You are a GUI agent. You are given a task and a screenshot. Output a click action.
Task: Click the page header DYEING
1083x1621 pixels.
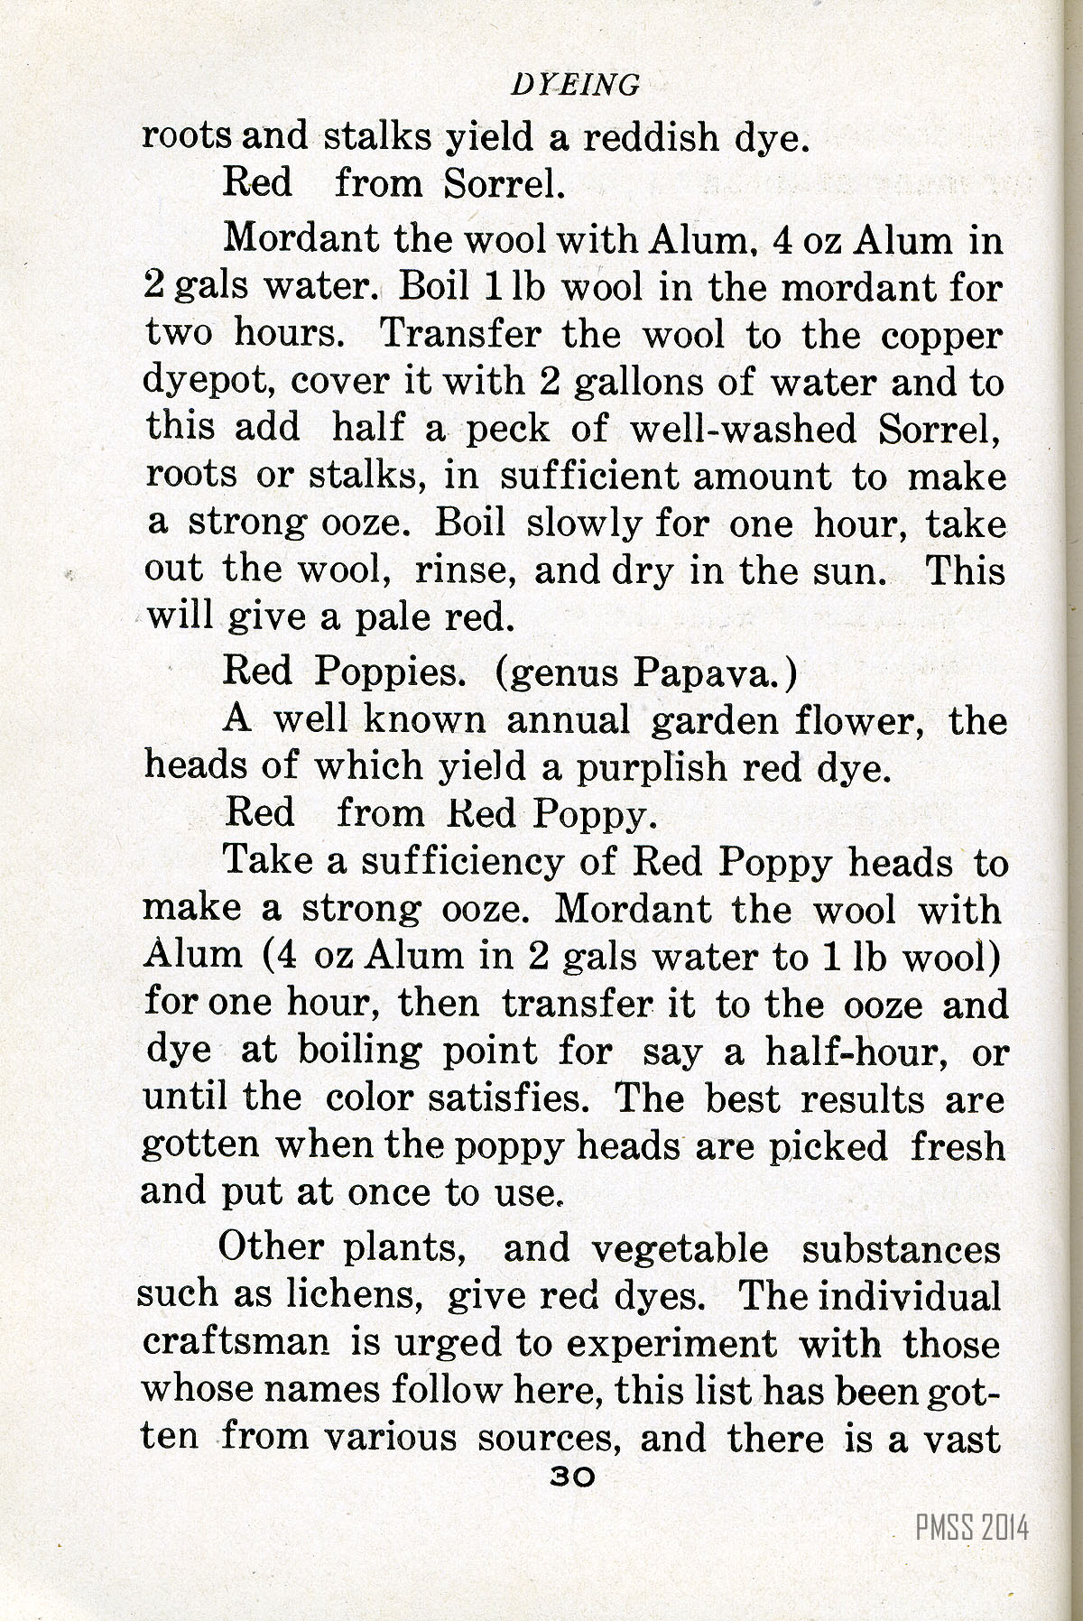tap(575, 85)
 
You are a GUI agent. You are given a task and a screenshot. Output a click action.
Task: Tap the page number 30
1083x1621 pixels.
tap(572, 1476)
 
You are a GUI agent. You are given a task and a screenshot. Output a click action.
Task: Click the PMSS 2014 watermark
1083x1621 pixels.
tap(971, 1528)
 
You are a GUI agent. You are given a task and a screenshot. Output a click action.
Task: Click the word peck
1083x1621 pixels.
tap(506, 429)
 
